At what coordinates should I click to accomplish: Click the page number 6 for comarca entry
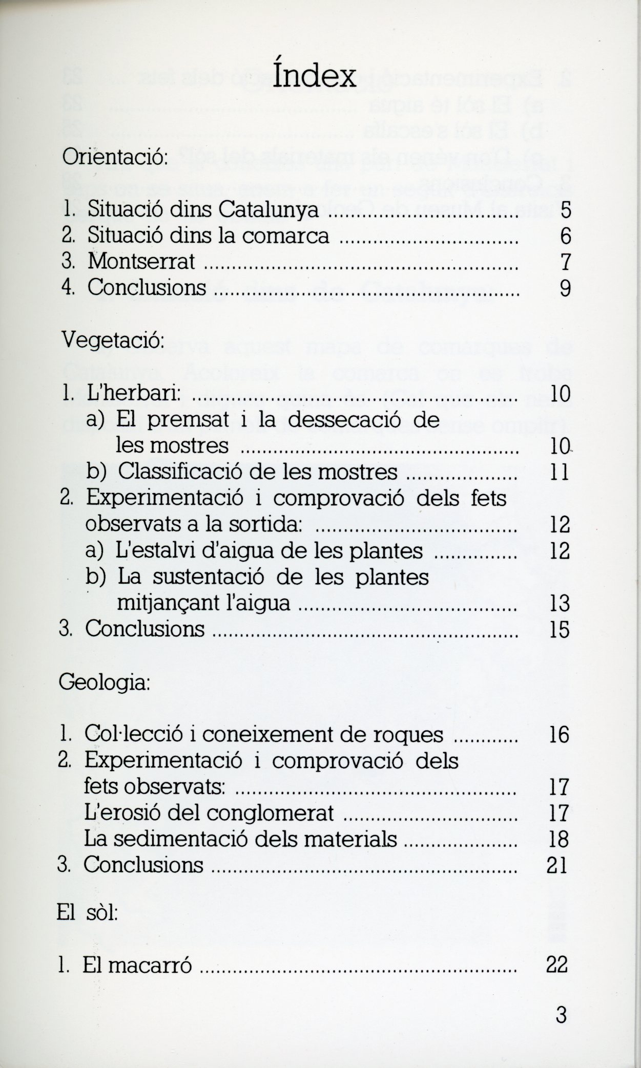pyautogui.click(x=565, y=236)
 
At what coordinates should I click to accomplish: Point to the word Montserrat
pyautogui.click(x=141, y=262)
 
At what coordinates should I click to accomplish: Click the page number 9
pyautogui.click(x=565, y=288)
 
